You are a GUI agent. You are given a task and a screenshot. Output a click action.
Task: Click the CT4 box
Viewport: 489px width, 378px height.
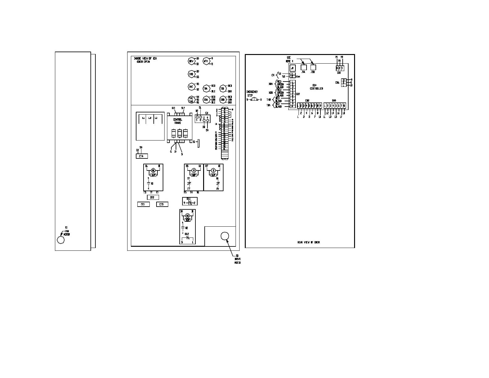(142, 156)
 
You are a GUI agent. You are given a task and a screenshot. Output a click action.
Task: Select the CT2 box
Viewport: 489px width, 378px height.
(152, 197)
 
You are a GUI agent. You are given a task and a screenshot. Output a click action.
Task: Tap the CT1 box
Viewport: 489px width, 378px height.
(143, 204)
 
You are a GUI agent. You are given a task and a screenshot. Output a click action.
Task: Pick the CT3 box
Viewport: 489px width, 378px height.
(162, 204)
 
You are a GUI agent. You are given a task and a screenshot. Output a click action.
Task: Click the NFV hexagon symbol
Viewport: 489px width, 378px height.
(206, 61)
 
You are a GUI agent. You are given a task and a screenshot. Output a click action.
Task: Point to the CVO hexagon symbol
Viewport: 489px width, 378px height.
(191, 74)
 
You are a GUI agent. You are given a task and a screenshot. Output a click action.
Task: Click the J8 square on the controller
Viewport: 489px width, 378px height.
(292, 68)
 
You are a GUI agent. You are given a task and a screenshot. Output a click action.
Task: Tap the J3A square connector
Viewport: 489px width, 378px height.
(303, 67)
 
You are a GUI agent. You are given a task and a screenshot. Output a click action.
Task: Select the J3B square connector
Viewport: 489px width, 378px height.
(313, 67)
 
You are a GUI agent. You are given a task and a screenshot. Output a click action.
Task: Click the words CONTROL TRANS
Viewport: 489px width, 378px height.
(178, 121)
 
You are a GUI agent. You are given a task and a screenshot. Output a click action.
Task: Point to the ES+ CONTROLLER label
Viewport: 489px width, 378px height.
(316, 87)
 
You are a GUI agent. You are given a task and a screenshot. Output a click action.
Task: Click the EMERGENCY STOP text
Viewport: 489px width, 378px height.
(252, 94)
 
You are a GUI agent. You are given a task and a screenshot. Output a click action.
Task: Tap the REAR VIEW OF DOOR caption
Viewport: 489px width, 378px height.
(308, 242)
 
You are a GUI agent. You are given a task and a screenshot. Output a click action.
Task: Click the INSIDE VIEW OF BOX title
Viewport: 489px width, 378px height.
(145, 60)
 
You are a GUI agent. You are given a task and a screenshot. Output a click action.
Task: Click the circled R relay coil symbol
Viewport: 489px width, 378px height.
(194, 170)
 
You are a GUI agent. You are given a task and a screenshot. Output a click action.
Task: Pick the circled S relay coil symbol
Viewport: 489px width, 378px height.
(213, 170)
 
